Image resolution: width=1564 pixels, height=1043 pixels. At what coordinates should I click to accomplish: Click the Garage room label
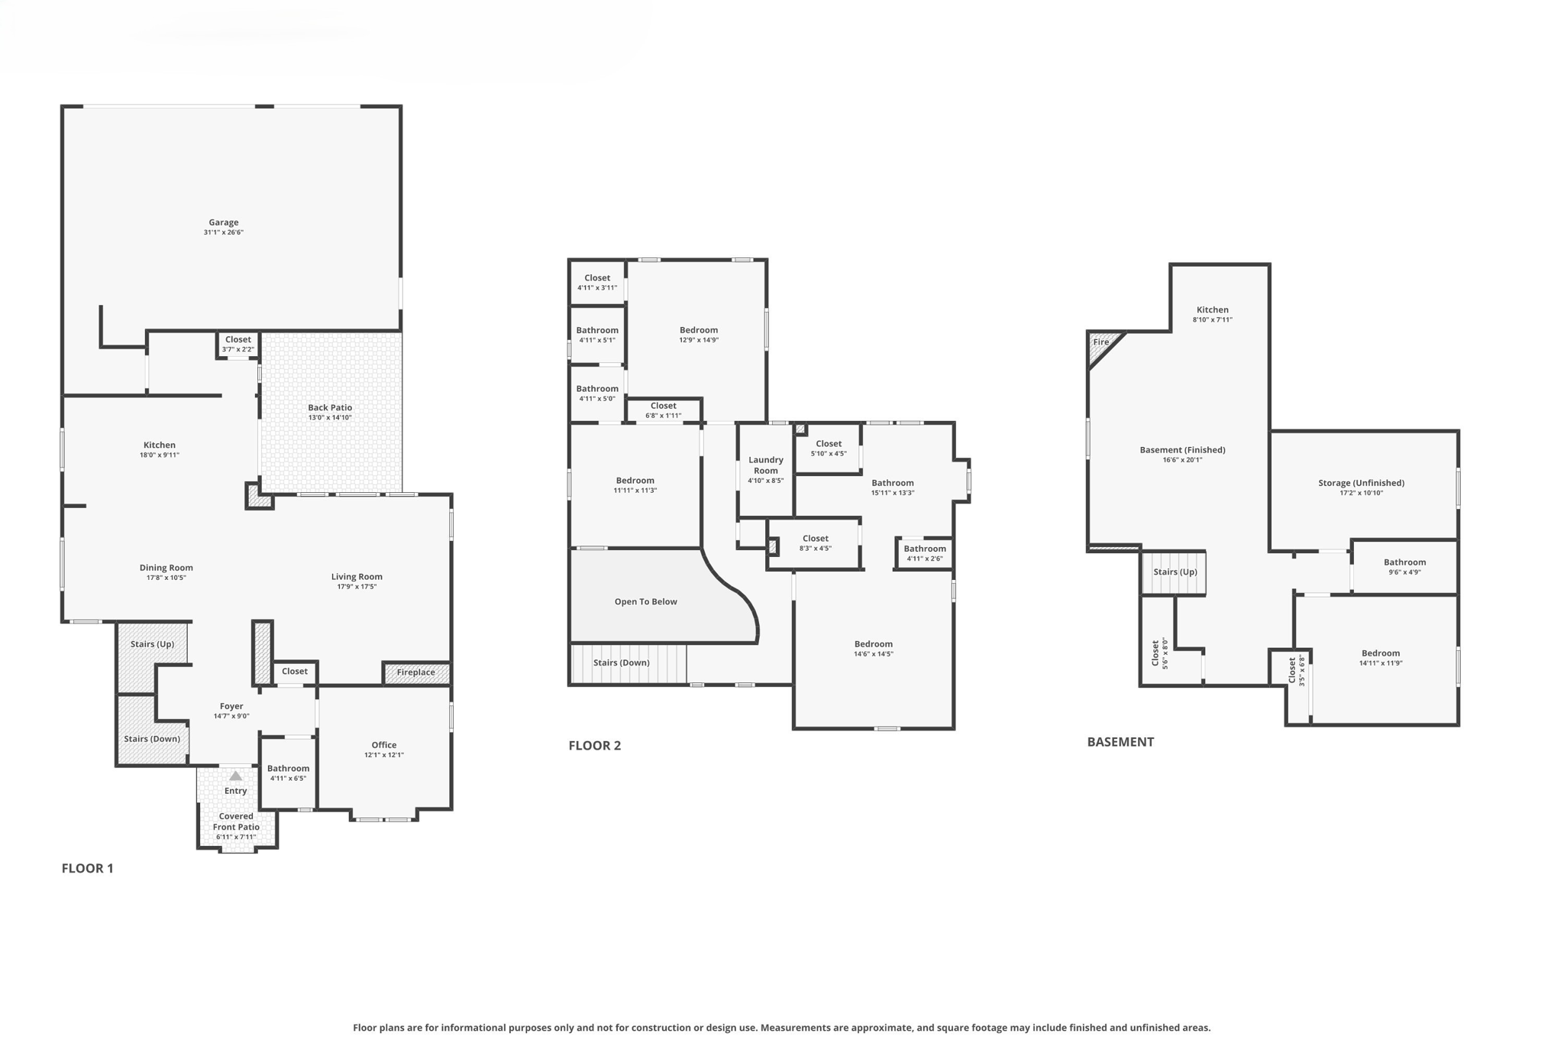click(x=224, y=222)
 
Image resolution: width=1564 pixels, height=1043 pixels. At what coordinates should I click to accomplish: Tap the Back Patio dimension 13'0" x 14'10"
click(x=330, y=418)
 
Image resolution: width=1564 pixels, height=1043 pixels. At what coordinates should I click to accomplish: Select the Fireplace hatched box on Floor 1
click(x=416, y=672)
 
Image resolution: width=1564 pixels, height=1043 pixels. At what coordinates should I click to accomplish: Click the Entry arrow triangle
click(x=236, y=776)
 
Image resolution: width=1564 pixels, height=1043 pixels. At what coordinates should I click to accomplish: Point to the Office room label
click(x=384, y=745)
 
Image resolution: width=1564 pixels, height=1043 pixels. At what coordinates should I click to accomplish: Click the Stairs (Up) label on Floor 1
click(x=152, y=644)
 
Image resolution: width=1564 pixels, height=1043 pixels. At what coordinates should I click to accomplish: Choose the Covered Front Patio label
click(x=236, y=821)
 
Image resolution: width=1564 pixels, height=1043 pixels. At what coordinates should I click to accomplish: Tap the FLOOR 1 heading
click(x=87, y=868)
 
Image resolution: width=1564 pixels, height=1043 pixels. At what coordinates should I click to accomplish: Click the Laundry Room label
click(x=765, y=465)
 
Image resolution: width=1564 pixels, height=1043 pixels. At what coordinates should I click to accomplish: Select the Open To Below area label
click(x=645, y=601)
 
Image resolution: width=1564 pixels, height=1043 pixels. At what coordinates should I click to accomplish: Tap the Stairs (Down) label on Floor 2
click(x=621, y=662)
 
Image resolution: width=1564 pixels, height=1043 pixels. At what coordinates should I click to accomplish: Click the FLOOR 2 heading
click(x=594, y=746)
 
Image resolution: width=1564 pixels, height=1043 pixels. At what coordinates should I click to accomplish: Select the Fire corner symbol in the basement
click(x=1100, y=343)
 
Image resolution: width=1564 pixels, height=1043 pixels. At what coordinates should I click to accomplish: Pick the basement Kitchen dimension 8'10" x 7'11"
click(x=1212, y=320)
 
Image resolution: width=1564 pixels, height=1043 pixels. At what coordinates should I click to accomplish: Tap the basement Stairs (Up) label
click(x=1175, y=572)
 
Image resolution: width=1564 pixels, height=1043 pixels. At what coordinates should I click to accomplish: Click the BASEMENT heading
click(x=1120, y=742)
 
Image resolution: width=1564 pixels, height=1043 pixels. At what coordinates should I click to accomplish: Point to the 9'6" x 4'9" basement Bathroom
click(x=1404, y=566)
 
